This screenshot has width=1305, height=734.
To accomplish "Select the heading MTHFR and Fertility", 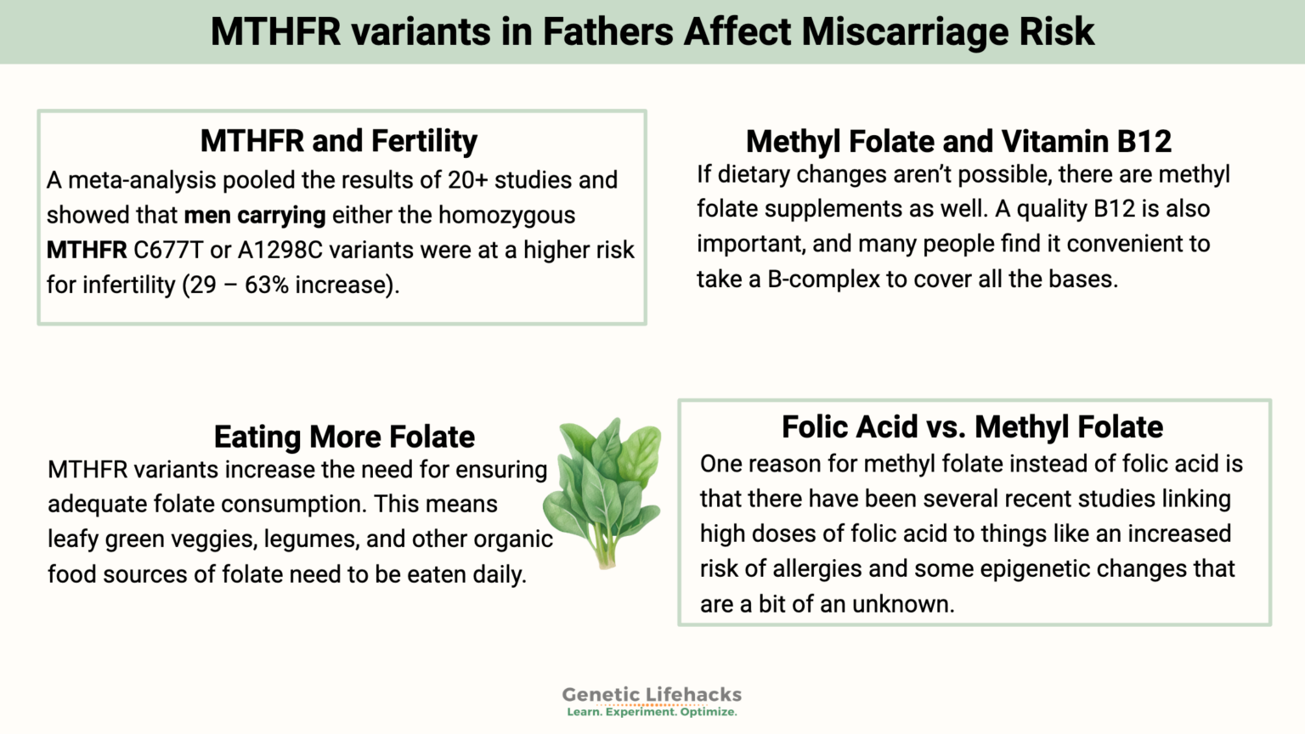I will coord(338,141).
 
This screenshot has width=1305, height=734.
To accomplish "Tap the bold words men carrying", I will coord(254,215).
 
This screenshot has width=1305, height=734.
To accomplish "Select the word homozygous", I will coord(506,215).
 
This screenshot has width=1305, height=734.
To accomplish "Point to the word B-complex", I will coord(823,279).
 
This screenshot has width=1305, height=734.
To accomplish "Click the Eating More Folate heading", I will coord(344,437).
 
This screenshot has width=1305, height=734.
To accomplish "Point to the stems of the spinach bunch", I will coord(605,548).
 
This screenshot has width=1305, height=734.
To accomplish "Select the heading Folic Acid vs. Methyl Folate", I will coord(972,426).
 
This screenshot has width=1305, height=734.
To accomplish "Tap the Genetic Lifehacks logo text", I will coord(652,694).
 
